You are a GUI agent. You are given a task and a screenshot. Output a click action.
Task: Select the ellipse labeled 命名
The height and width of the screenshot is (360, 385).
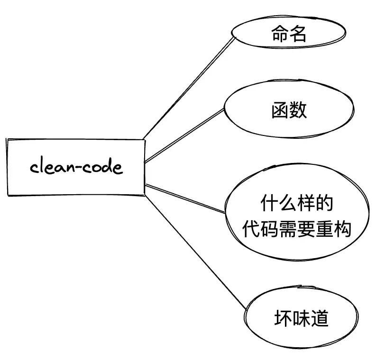click(288, 35)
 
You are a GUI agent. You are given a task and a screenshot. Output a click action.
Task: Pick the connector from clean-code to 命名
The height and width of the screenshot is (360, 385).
click(190, 88)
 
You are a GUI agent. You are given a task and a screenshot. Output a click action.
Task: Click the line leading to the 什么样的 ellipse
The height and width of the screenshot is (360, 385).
click(185, 198)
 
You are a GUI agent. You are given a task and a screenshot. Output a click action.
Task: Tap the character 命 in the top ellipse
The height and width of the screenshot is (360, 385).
click(280, 35)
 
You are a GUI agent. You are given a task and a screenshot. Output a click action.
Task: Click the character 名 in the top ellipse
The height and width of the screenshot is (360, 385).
click(298, 35)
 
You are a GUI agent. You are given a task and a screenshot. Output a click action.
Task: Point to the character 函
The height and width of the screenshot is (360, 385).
click(280, 110)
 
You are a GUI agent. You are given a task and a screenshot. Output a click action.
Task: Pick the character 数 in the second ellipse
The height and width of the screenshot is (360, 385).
click(298, 110)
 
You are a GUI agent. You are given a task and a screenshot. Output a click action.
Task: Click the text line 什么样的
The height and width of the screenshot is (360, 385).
click(297, 205)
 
